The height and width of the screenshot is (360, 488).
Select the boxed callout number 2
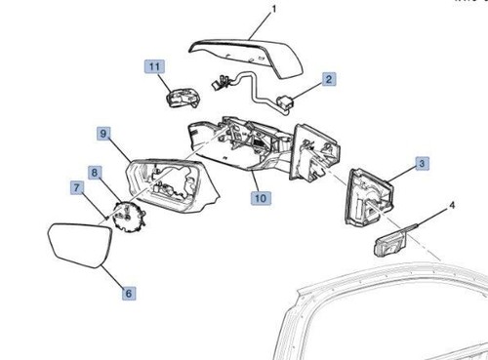point(330,79)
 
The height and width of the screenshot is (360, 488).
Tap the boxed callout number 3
point(422,165)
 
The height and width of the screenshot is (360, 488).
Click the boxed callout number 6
point(129,292)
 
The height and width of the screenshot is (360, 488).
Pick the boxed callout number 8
point(95,173)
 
